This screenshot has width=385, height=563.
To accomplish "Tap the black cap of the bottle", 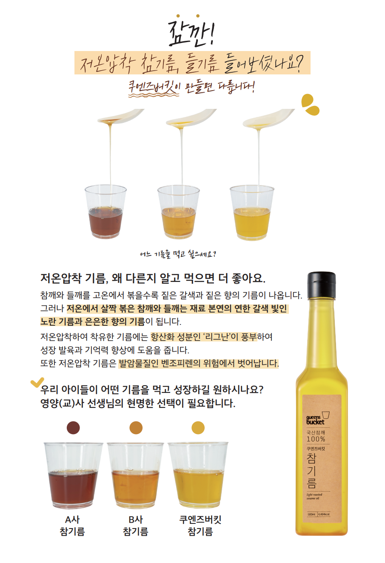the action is coord(321,284).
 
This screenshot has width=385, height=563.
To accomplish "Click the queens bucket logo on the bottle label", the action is coord(317,418).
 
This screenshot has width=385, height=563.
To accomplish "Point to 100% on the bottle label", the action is coord(316,439).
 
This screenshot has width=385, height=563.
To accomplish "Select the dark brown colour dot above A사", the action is coord(73,427).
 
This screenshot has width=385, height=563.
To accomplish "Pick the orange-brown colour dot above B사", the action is coord(136,427).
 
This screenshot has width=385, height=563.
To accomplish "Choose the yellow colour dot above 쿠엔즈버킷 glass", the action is coord(198,427).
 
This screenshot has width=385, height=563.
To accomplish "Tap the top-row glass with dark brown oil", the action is coord(106,212).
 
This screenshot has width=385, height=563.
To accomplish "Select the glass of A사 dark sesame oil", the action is coord(73,475).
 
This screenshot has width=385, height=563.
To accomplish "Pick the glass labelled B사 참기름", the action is coord(135,475).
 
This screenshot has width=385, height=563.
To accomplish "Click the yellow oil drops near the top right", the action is coord(310,105).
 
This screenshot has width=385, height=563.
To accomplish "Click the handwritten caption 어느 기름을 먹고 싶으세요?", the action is coord(178,254).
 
